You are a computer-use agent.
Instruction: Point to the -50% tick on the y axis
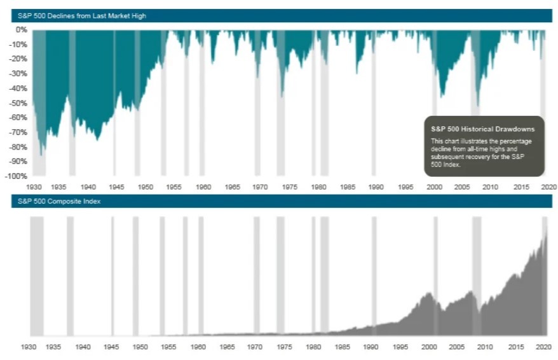point(18,102)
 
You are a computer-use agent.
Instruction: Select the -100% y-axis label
point(17,176)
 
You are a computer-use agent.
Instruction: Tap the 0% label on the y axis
point(21,29)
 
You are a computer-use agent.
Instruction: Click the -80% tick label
point(18,146)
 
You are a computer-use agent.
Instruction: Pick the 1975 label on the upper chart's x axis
point(289,187)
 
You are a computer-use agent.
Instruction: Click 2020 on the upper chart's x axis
point(548,187)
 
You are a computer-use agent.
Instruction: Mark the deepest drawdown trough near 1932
point(41,155)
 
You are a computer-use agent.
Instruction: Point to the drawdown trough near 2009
point(477,105)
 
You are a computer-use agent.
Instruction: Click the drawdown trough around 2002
point(442,96)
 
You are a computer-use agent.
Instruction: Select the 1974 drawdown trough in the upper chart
point(282,96)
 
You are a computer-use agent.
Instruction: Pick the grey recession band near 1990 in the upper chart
point(374,102)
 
